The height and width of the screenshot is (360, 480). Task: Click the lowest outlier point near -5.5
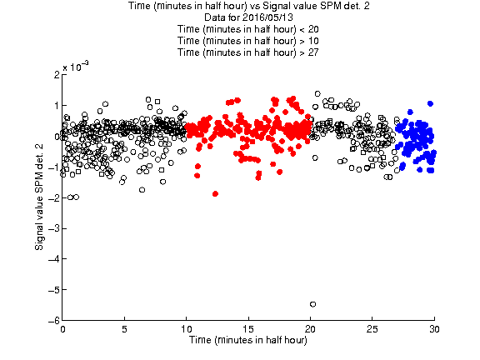(x=312, y=304)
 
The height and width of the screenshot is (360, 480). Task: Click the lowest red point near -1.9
(x=215, y=194)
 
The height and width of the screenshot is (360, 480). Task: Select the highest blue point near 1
(x=430, y=104)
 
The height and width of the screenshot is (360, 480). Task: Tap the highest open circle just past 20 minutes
(x=317, y=93)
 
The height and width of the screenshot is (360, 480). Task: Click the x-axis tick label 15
(x=248, y=329)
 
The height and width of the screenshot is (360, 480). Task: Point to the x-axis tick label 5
(x=124, y=329)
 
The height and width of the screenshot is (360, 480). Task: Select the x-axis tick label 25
(x=372, y=329)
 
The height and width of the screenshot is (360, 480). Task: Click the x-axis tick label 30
(x=434, y=329)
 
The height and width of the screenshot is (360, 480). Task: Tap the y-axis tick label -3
(x=53, y=228)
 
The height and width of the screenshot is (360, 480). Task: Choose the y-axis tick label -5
(x=53, y=290)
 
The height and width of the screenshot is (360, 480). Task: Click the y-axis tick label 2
(x=57, y=75)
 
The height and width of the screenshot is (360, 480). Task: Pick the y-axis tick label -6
(x=53, y=321)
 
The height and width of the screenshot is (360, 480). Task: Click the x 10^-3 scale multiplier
(x=76, y=66)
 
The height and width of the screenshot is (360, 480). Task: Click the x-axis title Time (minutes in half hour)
(x=248, y=340)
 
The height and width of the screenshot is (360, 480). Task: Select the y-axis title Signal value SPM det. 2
(x=39, y=197)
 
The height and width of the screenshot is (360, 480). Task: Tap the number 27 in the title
(x=313, y=52)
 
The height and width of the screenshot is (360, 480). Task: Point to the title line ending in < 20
(x=248, y=29)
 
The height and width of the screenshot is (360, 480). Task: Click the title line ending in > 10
(x=248, y=41)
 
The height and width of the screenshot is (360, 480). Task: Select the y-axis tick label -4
(x=53, y=259)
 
